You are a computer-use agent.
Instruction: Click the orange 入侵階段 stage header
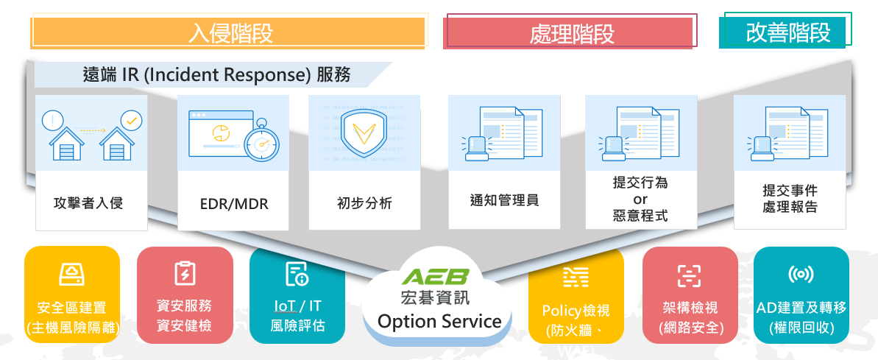coord(229,33)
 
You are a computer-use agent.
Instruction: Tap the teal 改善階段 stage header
coord(787,33)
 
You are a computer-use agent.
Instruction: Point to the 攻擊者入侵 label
coord(88,202)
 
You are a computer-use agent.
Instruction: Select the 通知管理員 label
coord(504,200)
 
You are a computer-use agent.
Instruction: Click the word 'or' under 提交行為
coord(640,200)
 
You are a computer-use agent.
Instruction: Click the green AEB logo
coord(439,278)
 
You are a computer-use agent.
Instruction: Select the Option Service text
coord(439,321)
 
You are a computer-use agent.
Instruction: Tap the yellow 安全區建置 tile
coord(72,294)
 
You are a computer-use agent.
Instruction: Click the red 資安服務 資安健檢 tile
coord(185,294)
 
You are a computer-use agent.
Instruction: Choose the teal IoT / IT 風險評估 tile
coord(297,294)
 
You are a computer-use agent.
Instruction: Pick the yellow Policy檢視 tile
coord(576,294)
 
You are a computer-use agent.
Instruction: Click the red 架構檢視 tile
coord(690,294)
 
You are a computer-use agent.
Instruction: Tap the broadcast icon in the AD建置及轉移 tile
coord(801,275)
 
